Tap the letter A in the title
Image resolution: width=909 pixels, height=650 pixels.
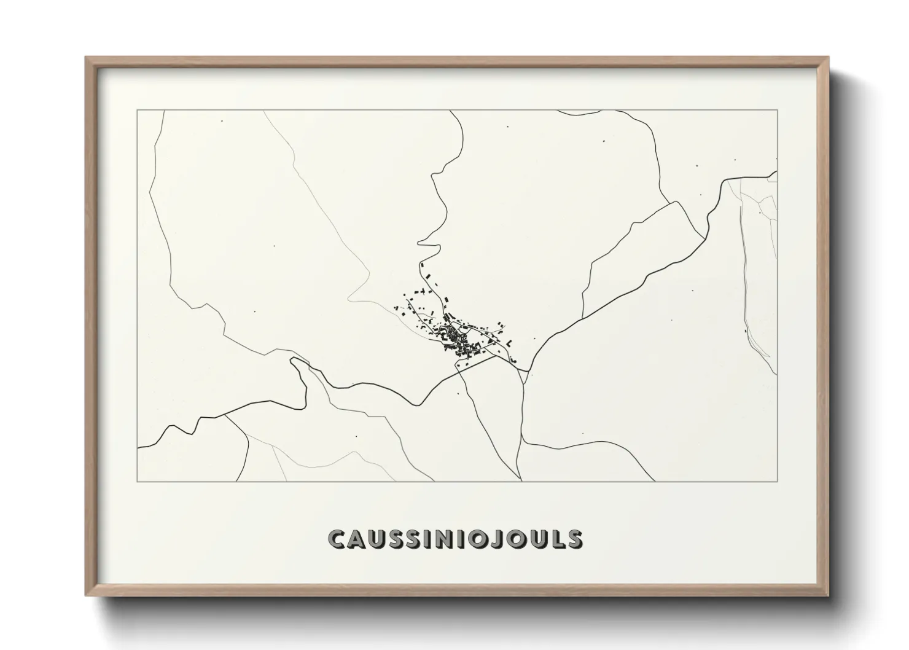[359, 539]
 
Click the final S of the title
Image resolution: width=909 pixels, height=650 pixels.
[574, 539]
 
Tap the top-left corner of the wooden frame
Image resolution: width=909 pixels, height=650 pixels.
[87, 58]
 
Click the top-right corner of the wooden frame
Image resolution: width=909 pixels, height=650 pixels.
[827, 58]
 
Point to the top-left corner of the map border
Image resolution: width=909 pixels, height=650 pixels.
[138, 111]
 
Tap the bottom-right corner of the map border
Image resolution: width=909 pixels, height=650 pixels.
[777, 481]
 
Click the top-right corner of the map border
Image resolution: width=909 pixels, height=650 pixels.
[777, 111]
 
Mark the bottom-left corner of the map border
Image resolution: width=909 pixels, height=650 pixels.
[138, 481]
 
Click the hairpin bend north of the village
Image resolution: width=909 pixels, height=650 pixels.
[420, 243]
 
